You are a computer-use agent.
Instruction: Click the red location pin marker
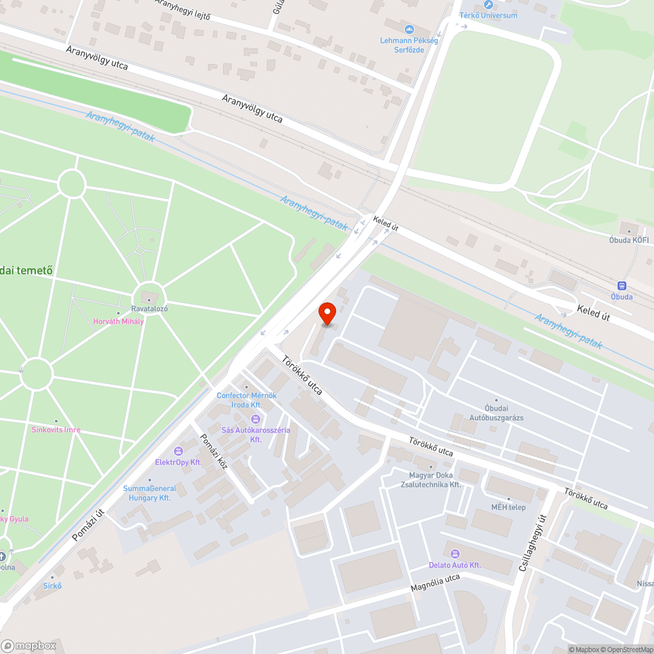click(327, 314)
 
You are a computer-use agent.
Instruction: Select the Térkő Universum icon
click(488, 5)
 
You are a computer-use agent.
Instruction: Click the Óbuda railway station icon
click(621, 285)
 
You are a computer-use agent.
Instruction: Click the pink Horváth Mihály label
click(118, 321)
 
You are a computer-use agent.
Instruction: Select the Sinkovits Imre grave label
click(56, 430)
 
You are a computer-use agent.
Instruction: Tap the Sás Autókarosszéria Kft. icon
click(256, 419)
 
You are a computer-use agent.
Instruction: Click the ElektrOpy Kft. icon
click(178, 451)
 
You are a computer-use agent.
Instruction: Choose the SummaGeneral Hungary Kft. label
click(150, 493)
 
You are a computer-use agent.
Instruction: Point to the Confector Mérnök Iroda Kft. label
click(247, 400)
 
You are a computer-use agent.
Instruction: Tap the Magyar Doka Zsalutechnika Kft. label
click(431, 480)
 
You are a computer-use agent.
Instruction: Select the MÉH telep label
click(508, 507)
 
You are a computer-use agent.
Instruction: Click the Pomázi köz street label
click(214, 452)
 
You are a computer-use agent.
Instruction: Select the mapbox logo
click(29, 645)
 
